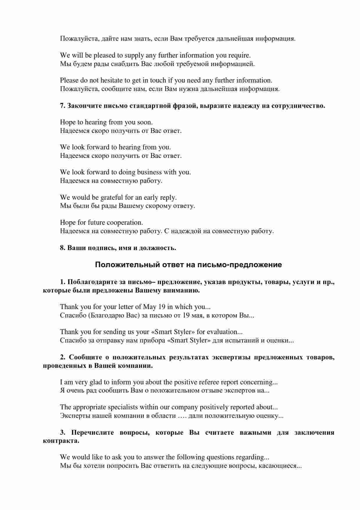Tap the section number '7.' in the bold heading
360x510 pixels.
click(63, 106)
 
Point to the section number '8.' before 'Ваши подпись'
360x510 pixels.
click(63, 248)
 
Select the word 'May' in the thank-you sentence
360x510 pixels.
click(150, 307)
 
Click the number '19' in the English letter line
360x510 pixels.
click(162, 307)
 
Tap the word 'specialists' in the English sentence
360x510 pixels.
click(122, 407)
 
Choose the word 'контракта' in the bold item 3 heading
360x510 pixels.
click(61, 441)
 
